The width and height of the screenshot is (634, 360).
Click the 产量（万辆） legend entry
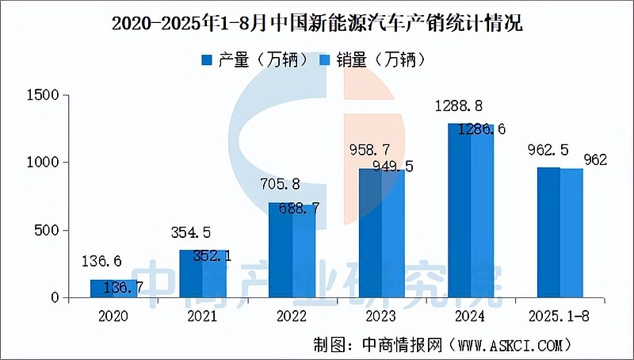click(253, 59)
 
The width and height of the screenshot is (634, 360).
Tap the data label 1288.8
click(460, 106)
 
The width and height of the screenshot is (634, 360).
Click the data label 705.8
click(281, 185)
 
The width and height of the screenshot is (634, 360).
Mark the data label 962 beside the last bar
click(595, 160)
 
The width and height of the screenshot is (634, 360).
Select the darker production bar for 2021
click(191, 274)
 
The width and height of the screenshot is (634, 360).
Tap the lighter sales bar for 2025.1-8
click(571, 233)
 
